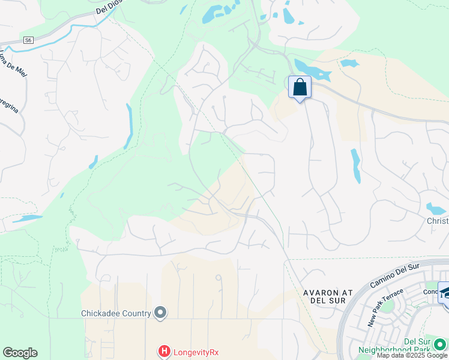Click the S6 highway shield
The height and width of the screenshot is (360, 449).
click(28, 40)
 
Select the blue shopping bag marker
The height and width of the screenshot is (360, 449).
click(300, 88)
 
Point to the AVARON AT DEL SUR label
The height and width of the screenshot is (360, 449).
click(325, 296)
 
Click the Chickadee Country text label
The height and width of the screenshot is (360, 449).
click(116, 313)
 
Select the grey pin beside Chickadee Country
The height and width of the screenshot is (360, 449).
click(160, 313)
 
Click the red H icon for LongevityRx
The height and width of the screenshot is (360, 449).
click(163, 351)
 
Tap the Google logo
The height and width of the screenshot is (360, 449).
click(20, 353)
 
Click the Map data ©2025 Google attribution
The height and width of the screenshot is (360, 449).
click(412, 356)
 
